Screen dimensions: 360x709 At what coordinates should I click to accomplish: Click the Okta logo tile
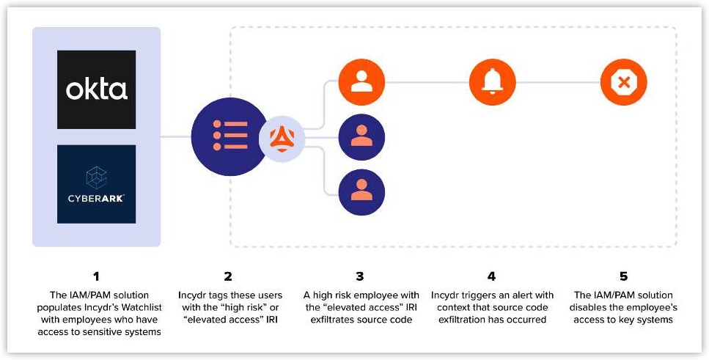coord(97,89)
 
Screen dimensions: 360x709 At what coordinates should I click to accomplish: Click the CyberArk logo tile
coord(97,184)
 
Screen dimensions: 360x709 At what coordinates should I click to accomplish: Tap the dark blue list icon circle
coord(229,136)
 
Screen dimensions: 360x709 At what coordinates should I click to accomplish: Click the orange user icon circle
coord(361,82)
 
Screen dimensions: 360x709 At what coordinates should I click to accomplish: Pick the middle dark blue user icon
coord(361,136)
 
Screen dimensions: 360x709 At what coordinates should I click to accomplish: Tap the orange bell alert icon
coord(492,82)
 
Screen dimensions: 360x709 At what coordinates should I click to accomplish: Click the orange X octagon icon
coord(623,82)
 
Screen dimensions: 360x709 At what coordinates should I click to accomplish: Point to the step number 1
coord(96,276)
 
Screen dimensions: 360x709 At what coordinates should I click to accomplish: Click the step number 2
coord(228,276)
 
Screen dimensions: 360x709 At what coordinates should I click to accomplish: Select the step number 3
coord(360,276)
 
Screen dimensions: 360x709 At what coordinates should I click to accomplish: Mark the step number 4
coord(492,276)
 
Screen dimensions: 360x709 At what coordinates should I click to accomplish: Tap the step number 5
coord(624,276)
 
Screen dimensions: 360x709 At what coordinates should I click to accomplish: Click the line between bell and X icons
coord(557,82)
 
